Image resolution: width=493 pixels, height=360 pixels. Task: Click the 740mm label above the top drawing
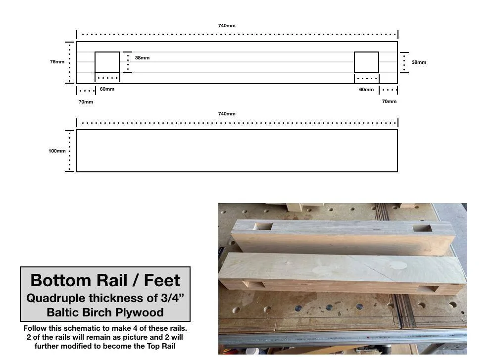coord(227,25)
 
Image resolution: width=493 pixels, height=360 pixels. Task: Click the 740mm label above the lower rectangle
coord(227,114)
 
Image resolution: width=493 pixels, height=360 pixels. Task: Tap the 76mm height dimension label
coord(57,61)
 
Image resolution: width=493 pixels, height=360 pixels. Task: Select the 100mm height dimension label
coord(57,151)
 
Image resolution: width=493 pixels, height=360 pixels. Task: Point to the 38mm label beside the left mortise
coord(143,58)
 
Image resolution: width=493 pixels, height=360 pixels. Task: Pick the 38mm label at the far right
coord(419,62)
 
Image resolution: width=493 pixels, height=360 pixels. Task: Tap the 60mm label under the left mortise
coord(107,89)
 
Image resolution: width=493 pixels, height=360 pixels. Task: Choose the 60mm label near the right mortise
coord(367,90)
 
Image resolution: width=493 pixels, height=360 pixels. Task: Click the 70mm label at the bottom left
coord(86,102)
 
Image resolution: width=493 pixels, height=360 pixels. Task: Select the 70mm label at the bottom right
coord(389,101)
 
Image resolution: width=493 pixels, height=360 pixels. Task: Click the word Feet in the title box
coord(162,280)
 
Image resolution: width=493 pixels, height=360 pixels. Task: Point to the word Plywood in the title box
coord(139,312)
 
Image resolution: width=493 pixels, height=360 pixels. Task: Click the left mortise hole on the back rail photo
coord(263,226)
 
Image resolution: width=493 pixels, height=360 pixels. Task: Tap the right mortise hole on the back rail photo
coord(422,228)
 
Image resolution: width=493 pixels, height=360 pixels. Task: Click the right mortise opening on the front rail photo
coord(428,289)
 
